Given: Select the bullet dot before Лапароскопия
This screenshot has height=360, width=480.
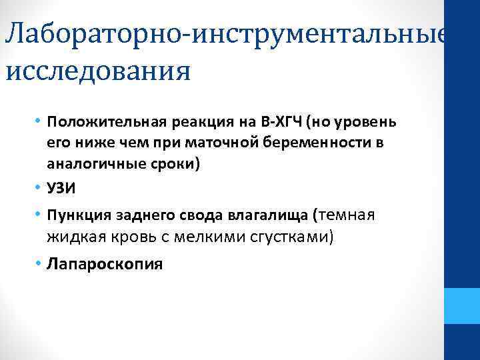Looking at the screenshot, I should (x=39, y=263).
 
